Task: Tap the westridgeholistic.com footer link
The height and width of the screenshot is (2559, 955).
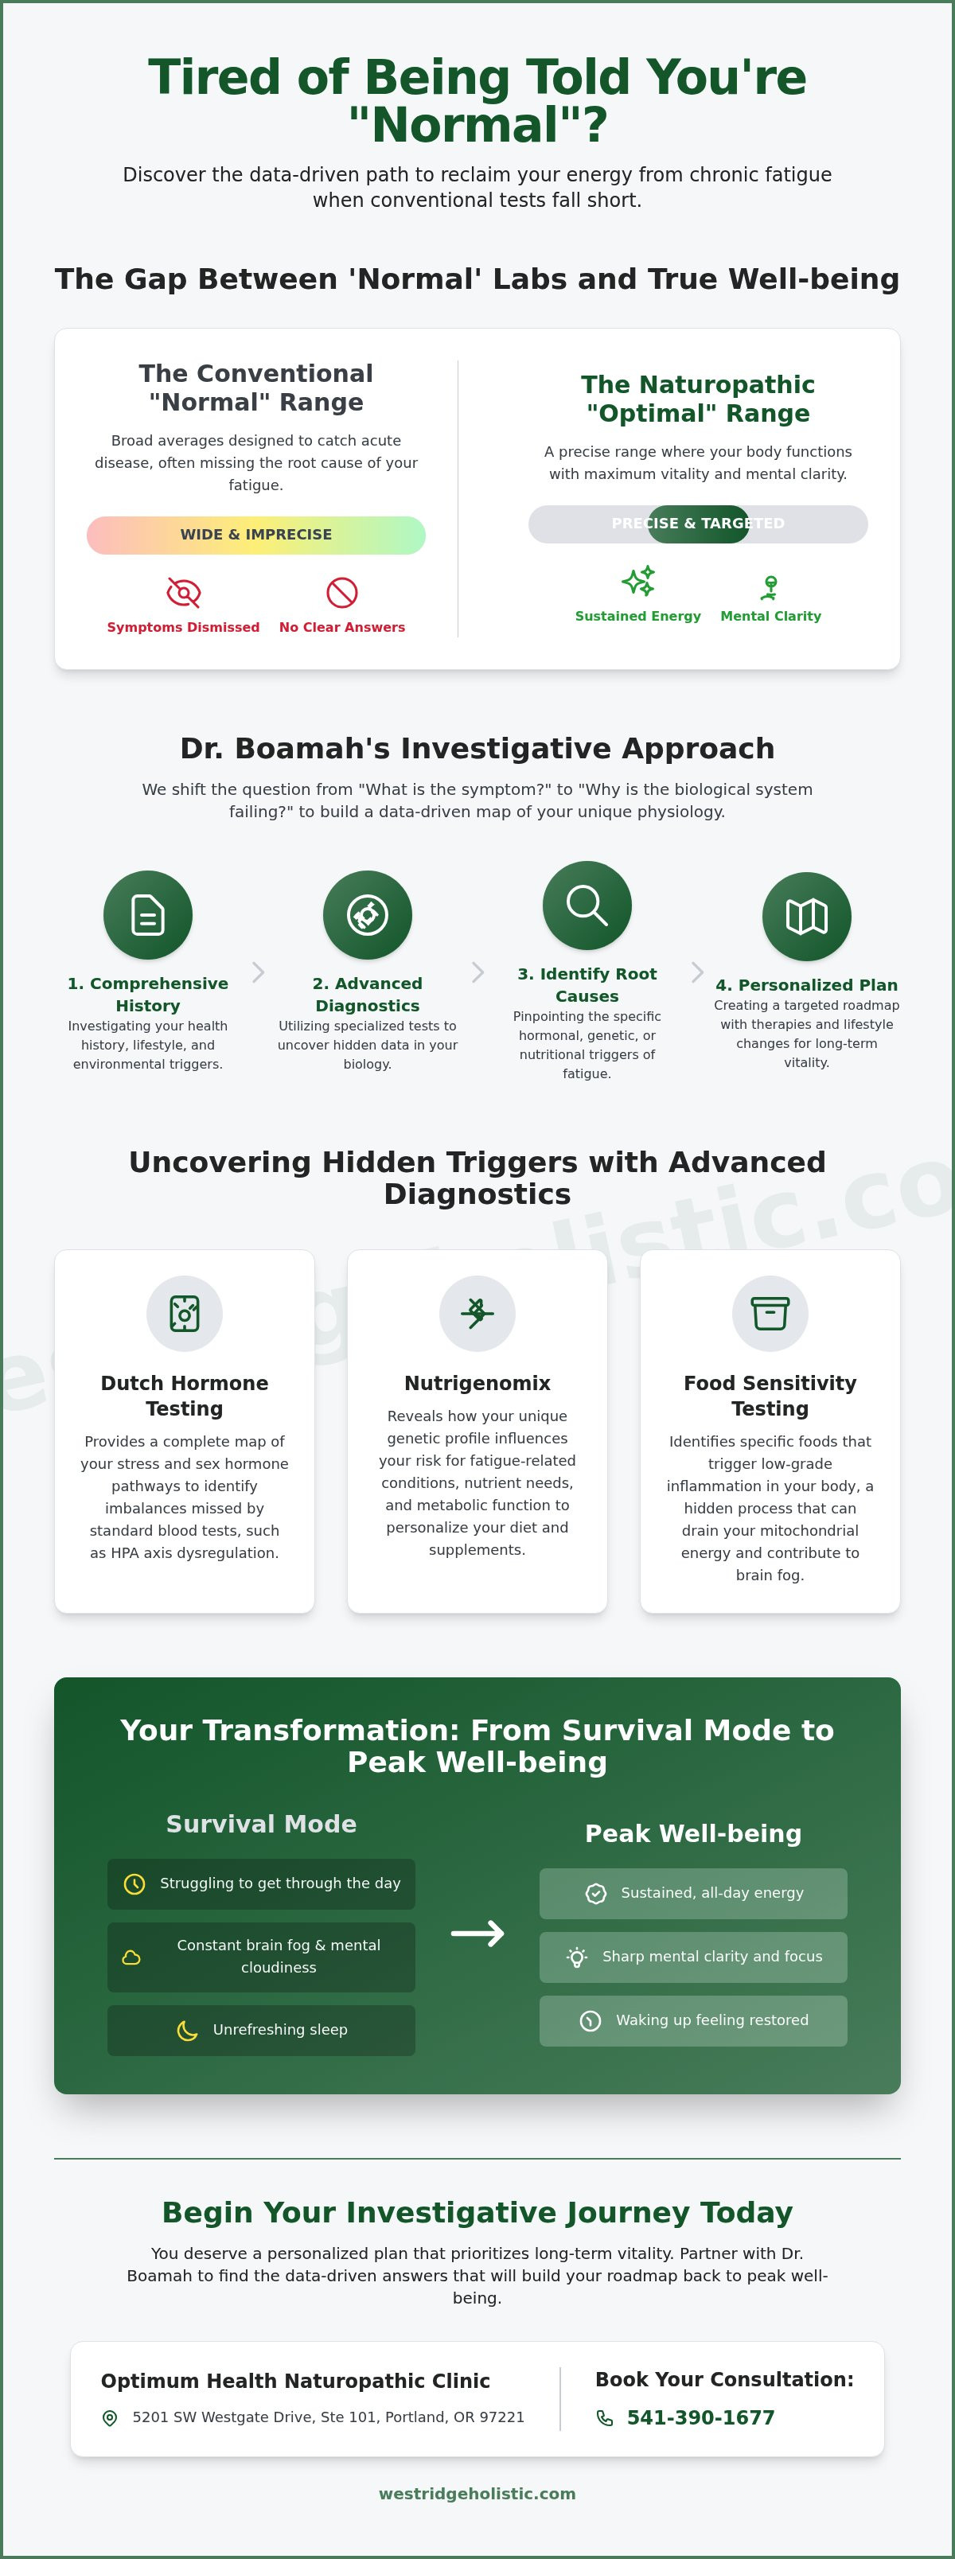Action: pos(477,2494)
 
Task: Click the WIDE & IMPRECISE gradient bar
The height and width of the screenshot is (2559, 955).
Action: pos(256,535)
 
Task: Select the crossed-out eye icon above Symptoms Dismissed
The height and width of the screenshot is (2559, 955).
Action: pos(184,593)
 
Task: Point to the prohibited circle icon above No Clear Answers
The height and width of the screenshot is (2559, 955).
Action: pos(342,593)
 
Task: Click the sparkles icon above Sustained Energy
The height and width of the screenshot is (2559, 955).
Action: pos(638,581)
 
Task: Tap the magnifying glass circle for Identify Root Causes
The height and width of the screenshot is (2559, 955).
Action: pos(587,905)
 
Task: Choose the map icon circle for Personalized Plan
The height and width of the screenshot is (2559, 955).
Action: pos(807,916)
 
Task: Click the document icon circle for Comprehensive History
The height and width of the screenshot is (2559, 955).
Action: pos(148,915)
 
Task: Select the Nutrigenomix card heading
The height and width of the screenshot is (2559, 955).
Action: pos(477,1383)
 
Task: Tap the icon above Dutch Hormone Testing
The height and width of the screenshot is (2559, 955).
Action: pos(185,1313)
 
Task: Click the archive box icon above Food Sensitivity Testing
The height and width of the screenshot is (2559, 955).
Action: pos(770,1313)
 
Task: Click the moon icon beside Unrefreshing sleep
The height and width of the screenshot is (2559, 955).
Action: pos(187,2030)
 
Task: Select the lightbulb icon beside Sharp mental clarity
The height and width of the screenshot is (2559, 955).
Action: pos(577,1957)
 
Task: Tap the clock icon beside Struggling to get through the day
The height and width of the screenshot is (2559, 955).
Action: pos(134,1883)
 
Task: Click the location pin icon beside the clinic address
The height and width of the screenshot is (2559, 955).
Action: pos(111,2418)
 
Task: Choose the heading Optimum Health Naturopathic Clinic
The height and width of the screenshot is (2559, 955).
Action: pos(295,2380)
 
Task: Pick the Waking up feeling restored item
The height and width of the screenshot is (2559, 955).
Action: pos(694,2020)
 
